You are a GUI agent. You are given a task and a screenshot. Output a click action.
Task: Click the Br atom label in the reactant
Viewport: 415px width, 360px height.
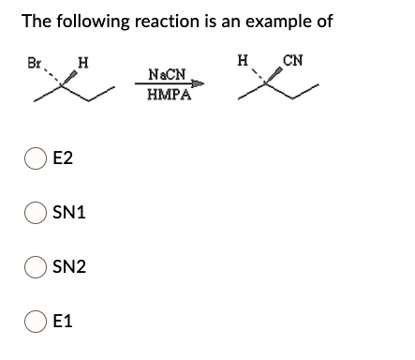pos(34,61)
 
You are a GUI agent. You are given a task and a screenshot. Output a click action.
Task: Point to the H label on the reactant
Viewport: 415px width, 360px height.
pos(82,62)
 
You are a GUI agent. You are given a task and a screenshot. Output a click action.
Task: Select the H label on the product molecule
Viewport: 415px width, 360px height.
pos(243,62)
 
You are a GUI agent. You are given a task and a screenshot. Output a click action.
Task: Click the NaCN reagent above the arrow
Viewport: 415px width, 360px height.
pos(167,73)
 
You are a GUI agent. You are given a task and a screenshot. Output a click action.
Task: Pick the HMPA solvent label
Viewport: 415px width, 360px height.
pos(168,96)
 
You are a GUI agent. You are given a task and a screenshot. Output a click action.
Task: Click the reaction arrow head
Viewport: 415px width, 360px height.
pos(196,83)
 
